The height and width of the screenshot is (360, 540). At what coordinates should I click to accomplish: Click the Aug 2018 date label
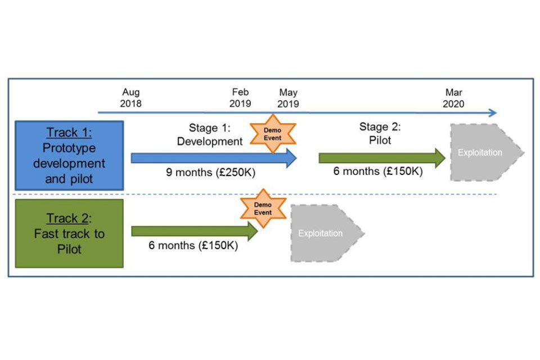[x=130, y=98]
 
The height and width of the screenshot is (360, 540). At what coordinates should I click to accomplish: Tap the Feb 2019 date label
[x=240, y=98]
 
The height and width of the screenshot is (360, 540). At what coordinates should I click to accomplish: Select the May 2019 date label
[x=288, y=98]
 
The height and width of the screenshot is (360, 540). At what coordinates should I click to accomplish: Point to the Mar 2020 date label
[x=454, y=98]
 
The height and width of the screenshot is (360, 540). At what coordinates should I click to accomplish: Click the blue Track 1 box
[x=69, y=156]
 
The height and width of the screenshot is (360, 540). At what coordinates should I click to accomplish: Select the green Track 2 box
[x=69, y=233]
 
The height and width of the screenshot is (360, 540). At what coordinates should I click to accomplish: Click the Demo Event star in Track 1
[x=273, y=134]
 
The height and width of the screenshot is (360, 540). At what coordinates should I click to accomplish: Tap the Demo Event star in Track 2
[x=263, y=209]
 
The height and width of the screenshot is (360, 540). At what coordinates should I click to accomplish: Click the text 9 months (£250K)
[x=210, y=172]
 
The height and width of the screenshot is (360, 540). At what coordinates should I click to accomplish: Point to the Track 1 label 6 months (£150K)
[x=378, y=171]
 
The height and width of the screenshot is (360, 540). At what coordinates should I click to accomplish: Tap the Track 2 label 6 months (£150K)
[x=193, y=245]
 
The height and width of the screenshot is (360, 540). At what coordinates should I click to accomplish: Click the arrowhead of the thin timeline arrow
[x=492, y=112]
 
